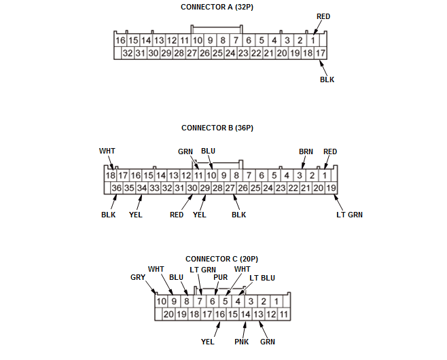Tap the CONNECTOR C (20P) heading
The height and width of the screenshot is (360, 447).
pyautogui.click(x=221, y=259)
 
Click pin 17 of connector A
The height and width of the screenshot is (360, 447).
pyautogui.click(x=321, y=53)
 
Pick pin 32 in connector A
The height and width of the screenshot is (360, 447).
pyautogui.click(x=127, y=53)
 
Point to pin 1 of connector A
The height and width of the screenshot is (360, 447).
pyautogui.click(x=313, y=41)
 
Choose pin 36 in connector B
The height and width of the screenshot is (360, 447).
pyautogui.click(x=116, y=188)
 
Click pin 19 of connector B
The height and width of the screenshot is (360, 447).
pyautogui.click(x=331, y=188)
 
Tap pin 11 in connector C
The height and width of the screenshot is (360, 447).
pyautogui.click(x=284, y=314)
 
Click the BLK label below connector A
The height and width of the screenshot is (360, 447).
pyautogui.click(x=327, y=79)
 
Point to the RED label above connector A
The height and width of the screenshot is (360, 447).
pyautogui.click(x=323, y=16)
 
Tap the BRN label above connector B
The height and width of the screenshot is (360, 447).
pyautogui.click(x=306, y=151)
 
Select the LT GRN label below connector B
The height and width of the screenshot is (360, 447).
pyautogui.click(x=350, y=215)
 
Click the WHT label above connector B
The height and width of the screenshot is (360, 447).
pyautogui.click(x=107, y=151)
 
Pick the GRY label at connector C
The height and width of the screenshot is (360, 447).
pyautogui.click(x=138, y=277)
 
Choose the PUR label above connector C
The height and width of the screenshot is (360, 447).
pyautogui.click(x=221, y=277)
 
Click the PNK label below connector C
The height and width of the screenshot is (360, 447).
pyautogui.click(x=242, y=342)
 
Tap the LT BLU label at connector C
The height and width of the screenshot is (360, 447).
pyautogui.click(x=262, y=278)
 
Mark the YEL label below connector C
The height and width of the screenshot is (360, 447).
pyautogui.click(x=208, y=342)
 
